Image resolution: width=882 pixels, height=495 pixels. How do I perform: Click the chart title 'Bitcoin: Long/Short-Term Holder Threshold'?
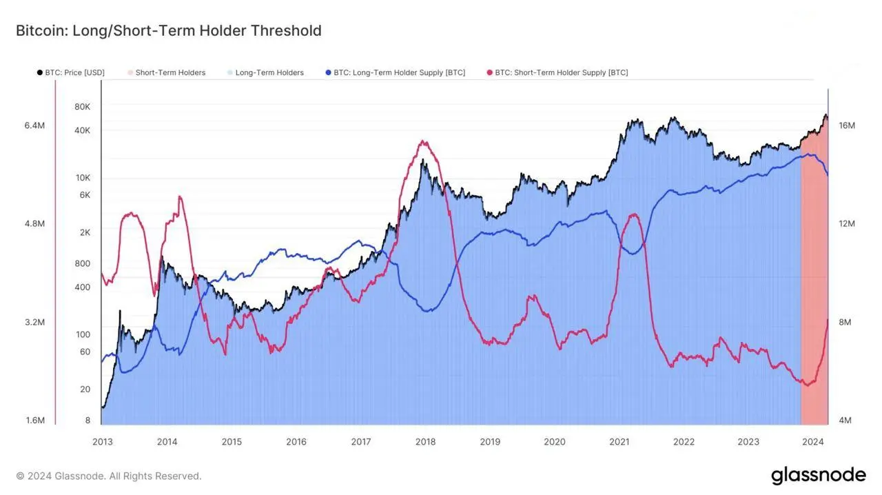tap(168, 30)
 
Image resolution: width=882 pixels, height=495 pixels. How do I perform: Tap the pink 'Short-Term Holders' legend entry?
tap(170, 72)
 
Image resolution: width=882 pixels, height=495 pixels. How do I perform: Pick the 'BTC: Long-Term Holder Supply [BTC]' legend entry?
tap(399, 72)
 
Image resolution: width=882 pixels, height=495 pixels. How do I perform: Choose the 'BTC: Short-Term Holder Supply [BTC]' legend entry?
tap(561, 72)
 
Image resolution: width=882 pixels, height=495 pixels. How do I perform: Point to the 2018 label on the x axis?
tap(425, 442)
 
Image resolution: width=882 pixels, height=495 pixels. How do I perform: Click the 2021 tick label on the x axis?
tap(619, 442)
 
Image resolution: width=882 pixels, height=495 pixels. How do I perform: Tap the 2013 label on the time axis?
tap(102, 442)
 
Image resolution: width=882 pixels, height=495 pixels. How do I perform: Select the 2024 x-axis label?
tap(813, 442)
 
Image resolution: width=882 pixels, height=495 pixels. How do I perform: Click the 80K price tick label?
tap(82, 107)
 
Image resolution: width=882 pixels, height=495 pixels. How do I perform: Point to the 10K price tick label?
tap(83, 178)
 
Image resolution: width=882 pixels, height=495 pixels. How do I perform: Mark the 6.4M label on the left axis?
tap(34, 125)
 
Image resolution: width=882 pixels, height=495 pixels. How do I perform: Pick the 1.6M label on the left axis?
tap(34, 421)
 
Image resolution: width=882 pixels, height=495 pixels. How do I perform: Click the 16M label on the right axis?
tap(847, 125)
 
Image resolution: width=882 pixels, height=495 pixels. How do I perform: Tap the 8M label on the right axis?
tap(845, 322)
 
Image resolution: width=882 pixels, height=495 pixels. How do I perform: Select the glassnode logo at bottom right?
tap(818, 475)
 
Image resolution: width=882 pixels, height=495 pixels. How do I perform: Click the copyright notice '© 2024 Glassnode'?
tap(109, 476)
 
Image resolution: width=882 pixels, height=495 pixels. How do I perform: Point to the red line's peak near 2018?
tap(423, 142)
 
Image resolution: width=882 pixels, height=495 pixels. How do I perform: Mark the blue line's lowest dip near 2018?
tap(427, 312)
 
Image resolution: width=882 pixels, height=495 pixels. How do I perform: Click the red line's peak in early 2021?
tap(633, 214)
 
